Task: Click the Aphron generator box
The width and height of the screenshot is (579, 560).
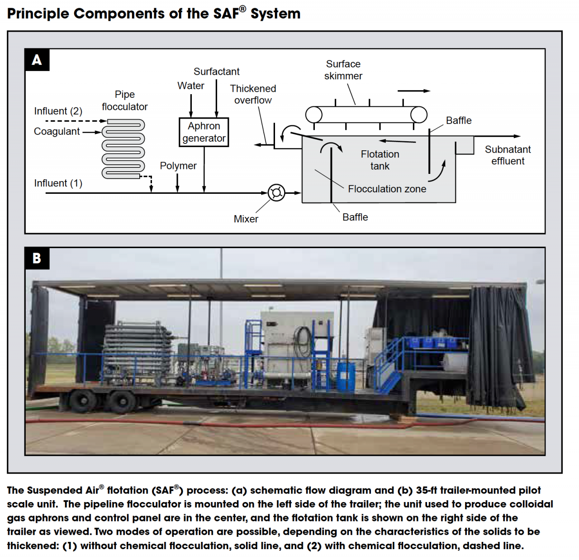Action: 204,132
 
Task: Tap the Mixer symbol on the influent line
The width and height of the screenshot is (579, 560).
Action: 276,193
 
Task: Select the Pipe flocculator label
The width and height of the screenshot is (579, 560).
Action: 124,101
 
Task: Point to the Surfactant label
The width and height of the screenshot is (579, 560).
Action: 216,72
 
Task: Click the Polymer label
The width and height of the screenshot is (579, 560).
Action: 178,166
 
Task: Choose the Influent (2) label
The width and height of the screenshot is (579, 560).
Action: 58,111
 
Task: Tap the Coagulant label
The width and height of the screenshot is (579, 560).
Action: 57,131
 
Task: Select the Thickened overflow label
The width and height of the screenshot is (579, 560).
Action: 253,94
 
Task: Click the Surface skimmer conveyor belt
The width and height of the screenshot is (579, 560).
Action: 366,115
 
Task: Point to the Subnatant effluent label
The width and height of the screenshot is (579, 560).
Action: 508,155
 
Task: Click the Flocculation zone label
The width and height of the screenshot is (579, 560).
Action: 387,189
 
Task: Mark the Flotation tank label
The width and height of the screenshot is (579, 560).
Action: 380,160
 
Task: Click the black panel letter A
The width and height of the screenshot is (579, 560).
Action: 37,60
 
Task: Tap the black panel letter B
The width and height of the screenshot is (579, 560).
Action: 37,258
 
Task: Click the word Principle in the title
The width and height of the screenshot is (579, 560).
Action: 38,14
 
